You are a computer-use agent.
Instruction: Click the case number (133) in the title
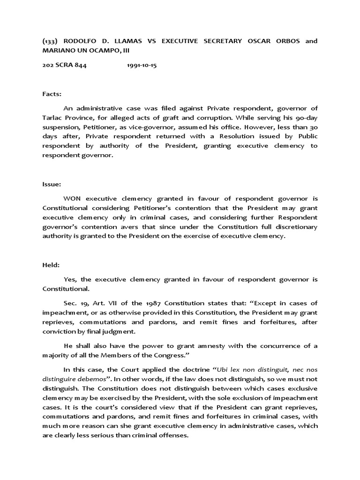pyautogui.click(x=50, y=41)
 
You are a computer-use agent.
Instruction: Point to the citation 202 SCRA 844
pyautogui.click(x=64, y=66)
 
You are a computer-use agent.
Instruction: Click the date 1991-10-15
pyautogui.click(x=142, y=66)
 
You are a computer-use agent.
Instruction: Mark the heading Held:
pyautogui.click(x=51, y=265)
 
